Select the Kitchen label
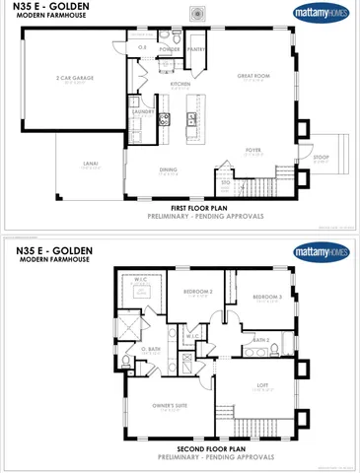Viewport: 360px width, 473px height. [180, 85]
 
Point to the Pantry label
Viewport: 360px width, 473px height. [196, 48]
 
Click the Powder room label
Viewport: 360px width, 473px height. [171, 48]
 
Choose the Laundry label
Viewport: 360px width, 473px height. [141, 111]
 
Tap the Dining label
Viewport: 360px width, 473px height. [168, 169]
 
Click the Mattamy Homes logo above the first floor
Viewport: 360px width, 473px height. [322, 14]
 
